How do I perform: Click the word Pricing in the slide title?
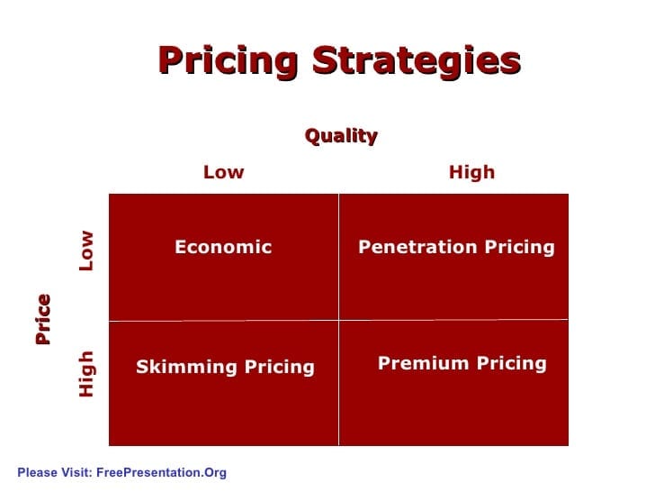229,61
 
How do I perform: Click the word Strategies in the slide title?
417,61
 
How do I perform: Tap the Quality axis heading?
341,136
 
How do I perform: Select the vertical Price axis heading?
42,319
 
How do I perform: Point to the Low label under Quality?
223,172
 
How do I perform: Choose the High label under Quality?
471,172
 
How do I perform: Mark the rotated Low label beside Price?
86,250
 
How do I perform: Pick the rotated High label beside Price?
86,373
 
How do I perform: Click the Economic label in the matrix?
223,247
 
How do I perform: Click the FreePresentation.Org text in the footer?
161,472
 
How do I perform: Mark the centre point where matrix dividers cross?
338,319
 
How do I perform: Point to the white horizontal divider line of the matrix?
225,320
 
